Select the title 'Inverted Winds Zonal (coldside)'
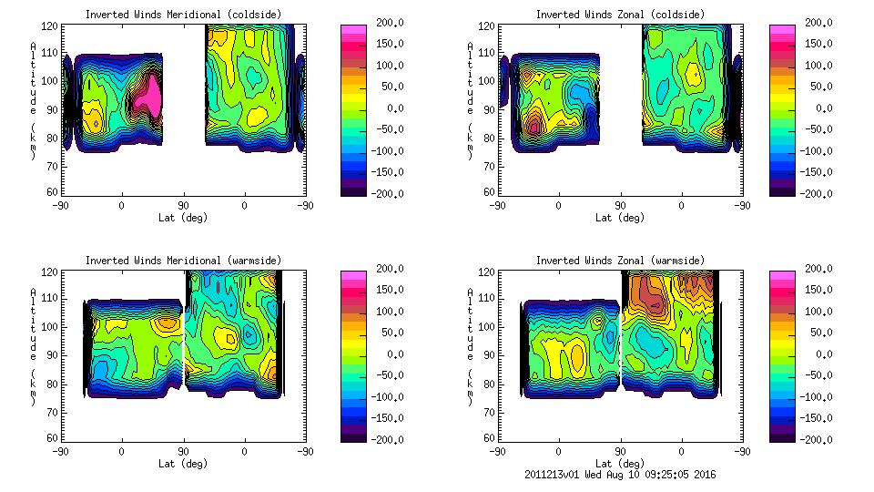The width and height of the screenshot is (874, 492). [619, 14]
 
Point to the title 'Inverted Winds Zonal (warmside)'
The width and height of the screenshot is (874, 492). [619, 260]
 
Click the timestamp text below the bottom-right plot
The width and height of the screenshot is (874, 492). [621, 474]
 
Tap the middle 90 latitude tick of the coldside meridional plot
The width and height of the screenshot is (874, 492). [183, 206]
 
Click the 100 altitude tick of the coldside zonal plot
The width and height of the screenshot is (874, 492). [481, 81]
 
